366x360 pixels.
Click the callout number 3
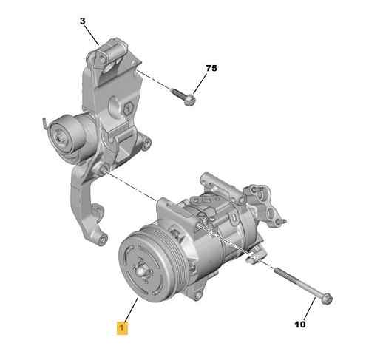pos(82,21)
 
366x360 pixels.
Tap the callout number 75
pos(211,68)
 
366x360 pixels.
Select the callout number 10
pos(300,325)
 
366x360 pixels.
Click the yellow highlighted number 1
pos(122,327)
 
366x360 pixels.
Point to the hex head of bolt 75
pos(190,100)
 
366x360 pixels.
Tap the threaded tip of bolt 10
pos(277,270)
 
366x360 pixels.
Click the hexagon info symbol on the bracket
pos(129,107)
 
